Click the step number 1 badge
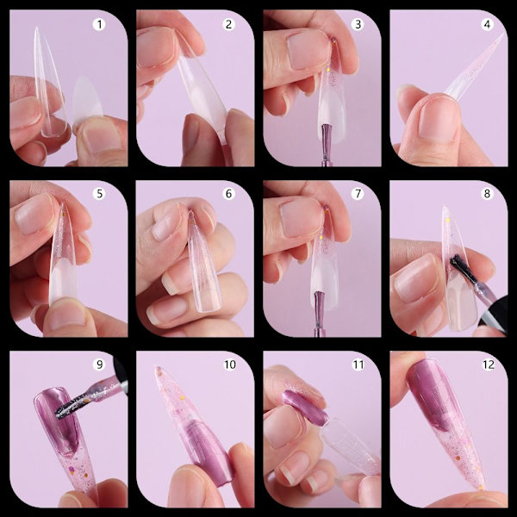point(99,24)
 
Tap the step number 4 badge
point(487,24)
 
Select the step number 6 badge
point(228,194)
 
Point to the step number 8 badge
point(487,194)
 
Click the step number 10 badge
point(230,364)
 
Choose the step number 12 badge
point(489,364)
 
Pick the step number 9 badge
point(99,364)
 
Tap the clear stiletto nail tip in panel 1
point(49,83)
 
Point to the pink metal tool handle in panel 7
point(319,314)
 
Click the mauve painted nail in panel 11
point(305,408)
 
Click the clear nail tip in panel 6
point(202,264)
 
